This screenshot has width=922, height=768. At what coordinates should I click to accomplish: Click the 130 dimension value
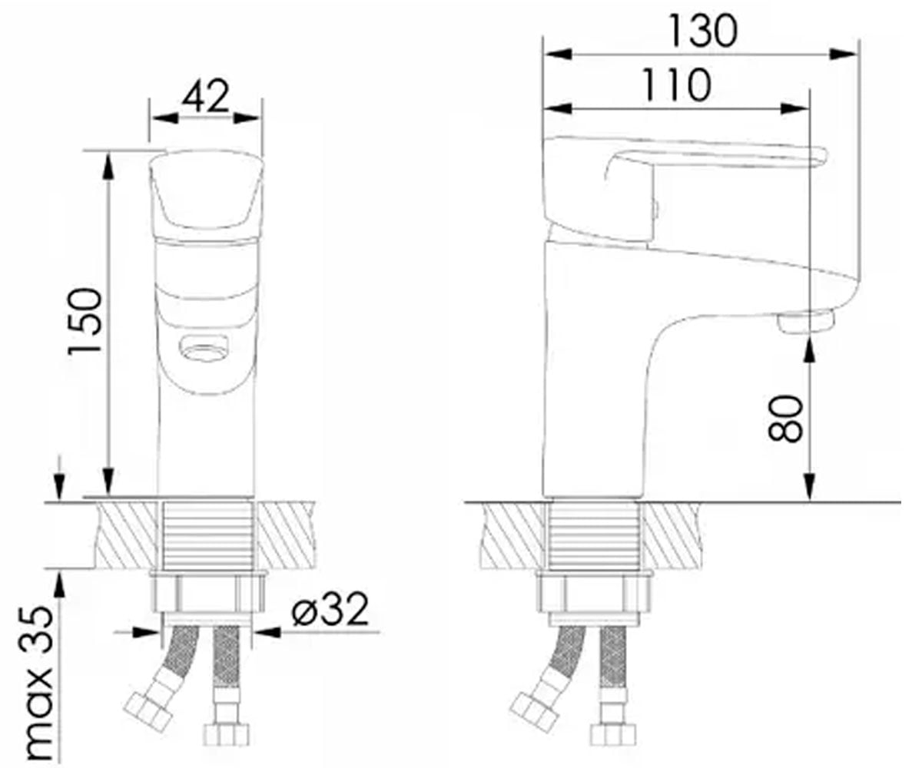pyautogui.click(x=704, y=31)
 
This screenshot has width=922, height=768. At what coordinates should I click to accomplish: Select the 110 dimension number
pyautogui.click(x=676, y=85)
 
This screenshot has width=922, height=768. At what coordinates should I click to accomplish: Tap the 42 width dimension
pyautogui.click(x=206, y=96)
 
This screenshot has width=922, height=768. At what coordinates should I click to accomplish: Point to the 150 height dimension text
pyautogui.click(x=85, y=321)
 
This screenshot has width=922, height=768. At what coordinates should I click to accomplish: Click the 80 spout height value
pyautogui.click(x=784, y=419)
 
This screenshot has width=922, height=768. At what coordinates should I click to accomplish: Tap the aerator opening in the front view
pyautogui.click(x=204, y=344)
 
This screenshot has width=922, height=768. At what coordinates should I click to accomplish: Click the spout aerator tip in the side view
pyautogui.click(x=805, y=322)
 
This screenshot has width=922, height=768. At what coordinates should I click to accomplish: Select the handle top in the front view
pyautogui.click(x=206, y=190)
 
